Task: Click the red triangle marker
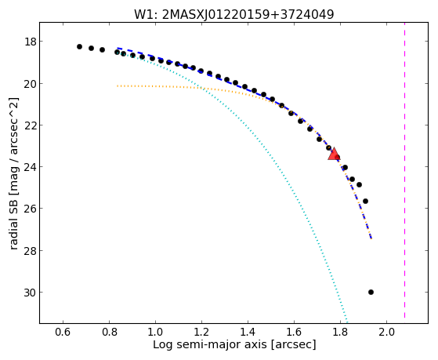click(334, 155)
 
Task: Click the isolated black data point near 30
click(371, 293)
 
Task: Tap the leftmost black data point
click(79, 47)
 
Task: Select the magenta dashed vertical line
click(405, 170)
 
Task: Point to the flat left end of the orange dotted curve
click(118, 85)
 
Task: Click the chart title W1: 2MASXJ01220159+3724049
click(234, 15)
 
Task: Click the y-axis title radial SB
click(13, 173)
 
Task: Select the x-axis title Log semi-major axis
click(234, 344)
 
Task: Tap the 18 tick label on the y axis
click(31, 42)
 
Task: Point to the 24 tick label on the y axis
click(31, 167)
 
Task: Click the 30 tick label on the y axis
click(31, 293)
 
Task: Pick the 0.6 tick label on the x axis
click(63, 332)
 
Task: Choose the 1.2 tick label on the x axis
click(201, 332)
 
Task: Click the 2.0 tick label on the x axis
click(386, 332)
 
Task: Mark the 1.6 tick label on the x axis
click(294, 332)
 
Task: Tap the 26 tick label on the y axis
click(31, 209)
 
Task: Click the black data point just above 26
click(365, 201)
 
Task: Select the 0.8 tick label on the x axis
click(109, 332)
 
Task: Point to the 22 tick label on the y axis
click(31, 125)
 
